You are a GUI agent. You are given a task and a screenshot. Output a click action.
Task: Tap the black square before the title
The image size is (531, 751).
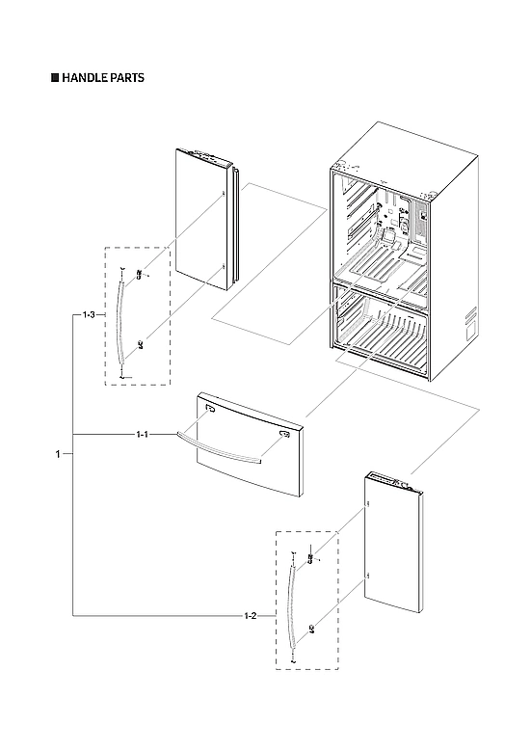[55, 78]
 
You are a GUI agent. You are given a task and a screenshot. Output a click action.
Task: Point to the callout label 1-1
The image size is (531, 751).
[143, 436]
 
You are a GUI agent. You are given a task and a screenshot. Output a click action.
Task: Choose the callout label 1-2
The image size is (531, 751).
[251, 614]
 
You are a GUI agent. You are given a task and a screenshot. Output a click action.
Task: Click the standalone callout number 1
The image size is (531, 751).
[58, 454]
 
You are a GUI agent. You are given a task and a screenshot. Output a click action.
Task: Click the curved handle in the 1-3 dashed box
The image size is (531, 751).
[119, 318]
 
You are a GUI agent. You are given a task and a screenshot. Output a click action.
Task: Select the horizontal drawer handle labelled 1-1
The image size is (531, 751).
[217, 448]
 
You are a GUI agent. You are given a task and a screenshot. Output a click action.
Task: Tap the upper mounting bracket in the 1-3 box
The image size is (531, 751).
[141, 275]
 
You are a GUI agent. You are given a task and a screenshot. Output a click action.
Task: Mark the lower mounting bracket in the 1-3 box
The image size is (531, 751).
[140, 341]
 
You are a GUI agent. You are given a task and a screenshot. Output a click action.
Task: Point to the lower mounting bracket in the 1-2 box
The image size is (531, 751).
[311, 627]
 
